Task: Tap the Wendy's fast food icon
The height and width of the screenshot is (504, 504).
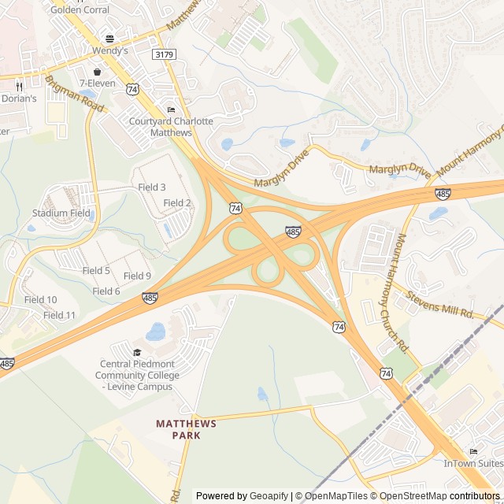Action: coord(109,39)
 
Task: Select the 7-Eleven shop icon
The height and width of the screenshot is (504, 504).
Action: coord(97,72)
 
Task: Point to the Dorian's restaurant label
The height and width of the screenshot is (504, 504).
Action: coord(19,98)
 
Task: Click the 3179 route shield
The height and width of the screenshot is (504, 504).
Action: coord(165,54)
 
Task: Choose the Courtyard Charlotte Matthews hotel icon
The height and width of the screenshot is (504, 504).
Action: coord(171,109)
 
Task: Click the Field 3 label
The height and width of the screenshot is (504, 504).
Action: coord(152,187)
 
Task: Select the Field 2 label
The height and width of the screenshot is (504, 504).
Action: coord(177,203)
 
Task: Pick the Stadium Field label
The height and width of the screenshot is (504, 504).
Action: coord(61,213)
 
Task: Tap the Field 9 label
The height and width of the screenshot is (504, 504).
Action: coord(137,276)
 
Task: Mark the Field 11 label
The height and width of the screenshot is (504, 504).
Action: coord(59,315)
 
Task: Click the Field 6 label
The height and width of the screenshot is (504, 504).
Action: coord(106,291)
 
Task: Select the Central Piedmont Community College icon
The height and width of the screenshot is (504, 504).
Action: coord(138,352)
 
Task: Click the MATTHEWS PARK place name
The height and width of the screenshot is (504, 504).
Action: coord(186,429)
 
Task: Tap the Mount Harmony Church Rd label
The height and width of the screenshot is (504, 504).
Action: coord(403,291)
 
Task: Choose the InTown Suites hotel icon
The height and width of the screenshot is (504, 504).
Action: coord(473,451)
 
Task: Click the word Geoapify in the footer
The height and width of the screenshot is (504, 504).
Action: coord(270,496)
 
